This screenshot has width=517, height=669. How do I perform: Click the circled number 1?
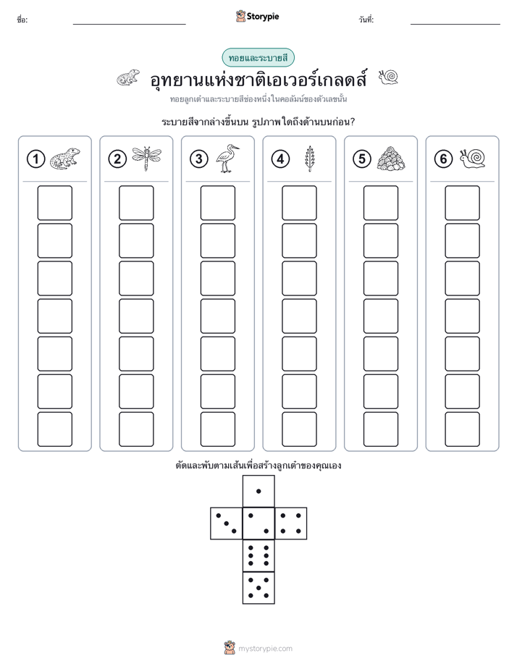pyautogui.click(x=35, y=159)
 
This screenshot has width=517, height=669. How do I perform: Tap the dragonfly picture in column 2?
pyautogui.click(x=147, y=159)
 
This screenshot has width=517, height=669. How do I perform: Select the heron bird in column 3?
pyautogui.click(x=227, y=159)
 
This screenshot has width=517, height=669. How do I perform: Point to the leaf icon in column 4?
pyautogui.click(x=308, y=159)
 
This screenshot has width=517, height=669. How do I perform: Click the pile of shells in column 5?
pyautogui.click(x=391, y=159)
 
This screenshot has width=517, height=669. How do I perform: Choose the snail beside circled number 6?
pyautogui.click(x=473, y=159)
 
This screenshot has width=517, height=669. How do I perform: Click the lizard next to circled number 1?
pyautogui.click(x=65, y=159)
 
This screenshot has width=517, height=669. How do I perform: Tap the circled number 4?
pyautogui.click(x=280, y=159)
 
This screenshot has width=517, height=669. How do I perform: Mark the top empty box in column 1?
pyautogui.click(x=54, y=203)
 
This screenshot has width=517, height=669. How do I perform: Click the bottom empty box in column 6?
pyautogui.click(x=463, y=429)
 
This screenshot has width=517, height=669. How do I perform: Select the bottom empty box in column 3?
pyautogui.click(x=217, y=429)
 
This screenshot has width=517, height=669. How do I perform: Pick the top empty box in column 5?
pyautogui.click(x=381, y=203)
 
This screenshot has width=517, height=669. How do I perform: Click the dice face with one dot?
pyautogui.click(x=258, y=492)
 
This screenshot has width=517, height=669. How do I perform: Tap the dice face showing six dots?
pyautogui.click(x=258, y=555)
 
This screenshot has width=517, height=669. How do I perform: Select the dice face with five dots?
pyautogui.click(x=258, y=588)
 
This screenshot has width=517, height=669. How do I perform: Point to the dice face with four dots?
pyautogui.click(x=291, y=523)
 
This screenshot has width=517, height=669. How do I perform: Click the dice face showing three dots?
pyautogui.click(x=227, y=523)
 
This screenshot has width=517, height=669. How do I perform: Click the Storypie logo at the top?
pyautogui.click(x=257, y=17)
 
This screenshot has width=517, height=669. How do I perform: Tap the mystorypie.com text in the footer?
pyautogui.click(x=265, y=649)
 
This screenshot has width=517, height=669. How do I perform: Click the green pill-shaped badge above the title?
pyautogui.click(x=258, y=58)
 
